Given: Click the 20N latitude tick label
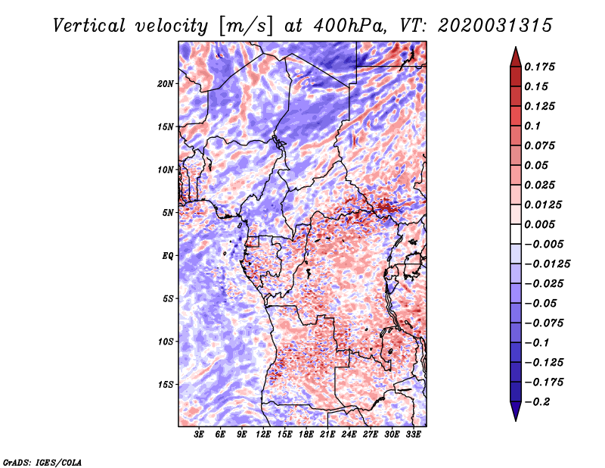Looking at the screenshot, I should tap(166, 83).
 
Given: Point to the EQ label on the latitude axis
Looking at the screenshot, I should tap(168, 255).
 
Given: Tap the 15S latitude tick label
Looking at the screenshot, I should tap(166, 384).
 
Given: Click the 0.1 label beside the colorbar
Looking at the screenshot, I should tap(533, 126).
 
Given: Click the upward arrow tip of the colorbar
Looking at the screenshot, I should tap(515, 49).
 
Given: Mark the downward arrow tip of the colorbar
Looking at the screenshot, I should tap(515, 418).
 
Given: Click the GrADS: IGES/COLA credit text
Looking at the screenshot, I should tap(42, 461).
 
